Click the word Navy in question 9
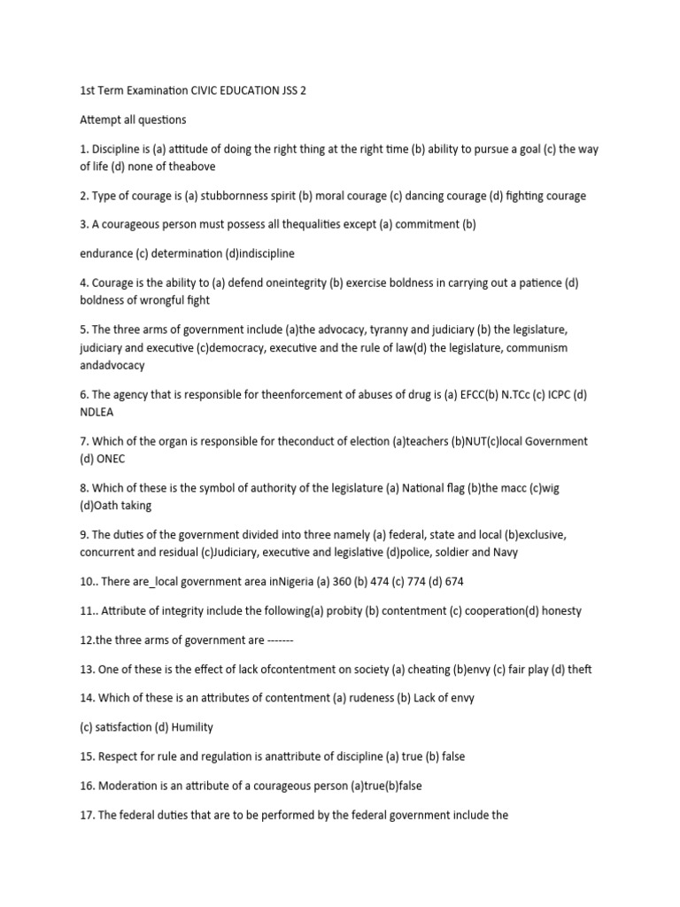(x=504, y=552)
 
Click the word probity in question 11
(x=338, y=610)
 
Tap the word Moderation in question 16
(x=130, y=786)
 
